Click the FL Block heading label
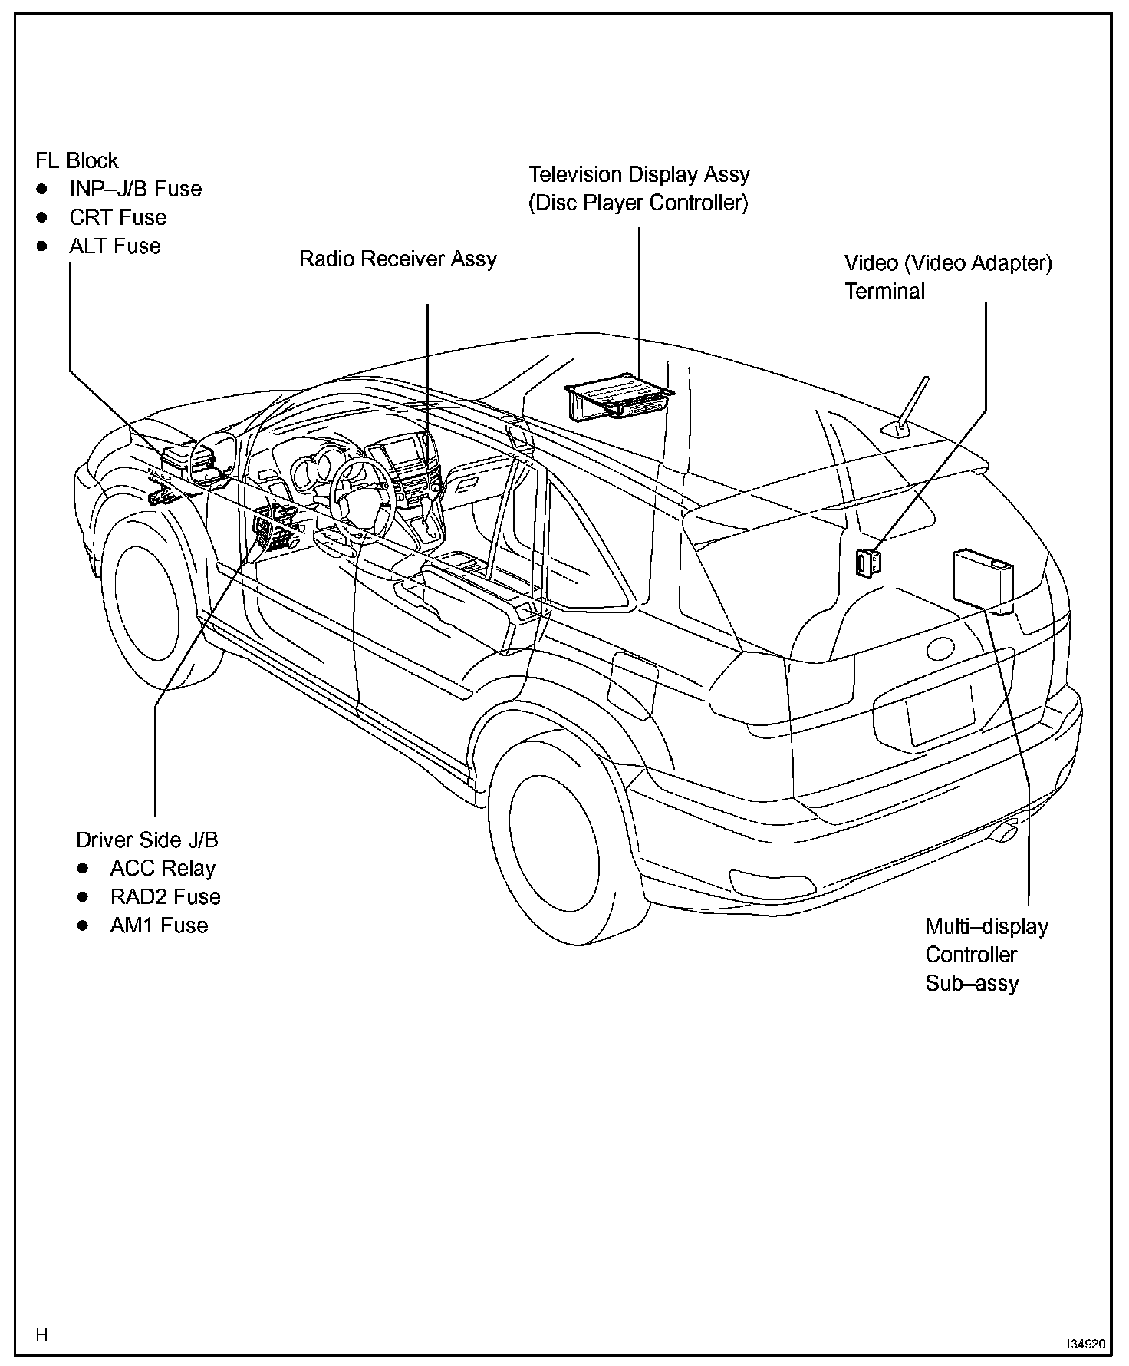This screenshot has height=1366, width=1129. [77, 161]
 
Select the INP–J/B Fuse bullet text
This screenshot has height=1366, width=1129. [135, 190]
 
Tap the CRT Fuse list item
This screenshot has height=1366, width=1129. [117, 218]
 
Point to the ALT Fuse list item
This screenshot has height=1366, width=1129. [115, 246]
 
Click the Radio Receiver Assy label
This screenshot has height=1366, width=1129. [397, 259]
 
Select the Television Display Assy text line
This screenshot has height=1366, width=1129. [639, 175]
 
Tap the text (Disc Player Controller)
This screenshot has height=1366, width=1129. [638, 203]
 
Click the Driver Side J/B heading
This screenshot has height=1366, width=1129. [146, 840]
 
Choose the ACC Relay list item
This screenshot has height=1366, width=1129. [163, 869]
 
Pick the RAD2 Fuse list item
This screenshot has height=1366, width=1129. [165, 897]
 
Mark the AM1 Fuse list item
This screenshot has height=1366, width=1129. [159, 926]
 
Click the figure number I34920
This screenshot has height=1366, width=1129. [1085, 1345]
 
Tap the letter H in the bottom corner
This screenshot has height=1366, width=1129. [42, 1335]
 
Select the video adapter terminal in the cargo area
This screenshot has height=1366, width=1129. [868, 563]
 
